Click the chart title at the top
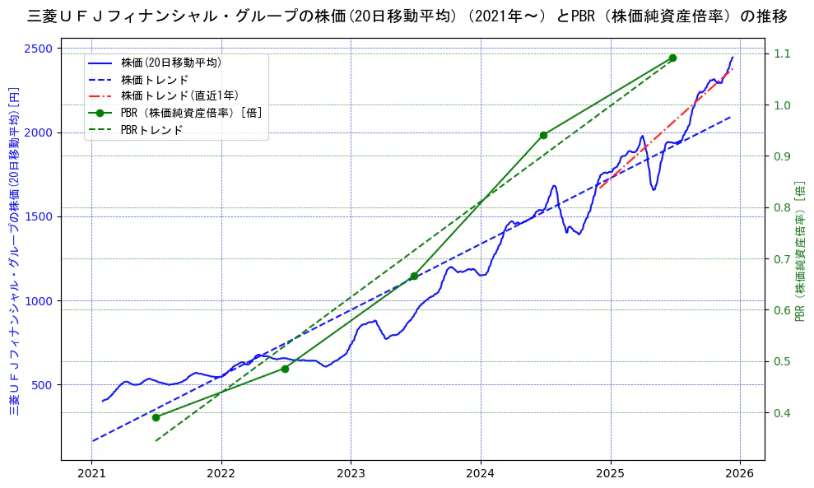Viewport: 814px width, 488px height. click(407, 16)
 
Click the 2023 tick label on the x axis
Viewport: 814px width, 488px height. click(351, 474)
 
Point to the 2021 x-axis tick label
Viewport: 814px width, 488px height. click(91, 474)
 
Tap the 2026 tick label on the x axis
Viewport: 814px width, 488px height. click(740, 474)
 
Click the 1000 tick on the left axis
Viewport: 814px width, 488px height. click(37, 301)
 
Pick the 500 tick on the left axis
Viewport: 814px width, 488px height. click(40, 385)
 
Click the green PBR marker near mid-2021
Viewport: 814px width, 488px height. click(156, 417)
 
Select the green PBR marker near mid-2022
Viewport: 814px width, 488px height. click(285, 369)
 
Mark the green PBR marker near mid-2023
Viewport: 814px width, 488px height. click(414, 276)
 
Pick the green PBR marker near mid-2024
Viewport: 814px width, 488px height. click(543, 135)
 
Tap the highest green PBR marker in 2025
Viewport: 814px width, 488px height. click(672, 58)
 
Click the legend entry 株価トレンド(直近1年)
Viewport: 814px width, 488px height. click(179, 96)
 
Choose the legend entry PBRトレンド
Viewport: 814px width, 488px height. click(151, 130)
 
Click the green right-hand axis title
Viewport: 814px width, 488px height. click(799, 251)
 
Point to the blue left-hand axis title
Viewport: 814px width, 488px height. click(14, 251)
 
